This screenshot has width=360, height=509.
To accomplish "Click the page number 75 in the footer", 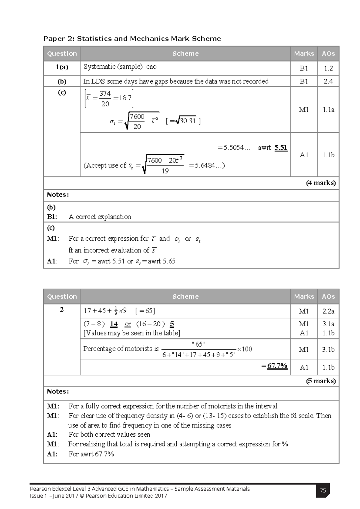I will click(x=323, y=491).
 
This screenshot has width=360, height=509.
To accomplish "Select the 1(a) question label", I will click(x=61, y=68).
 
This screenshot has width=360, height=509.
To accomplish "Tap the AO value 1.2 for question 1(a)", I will click(x=328, y=68).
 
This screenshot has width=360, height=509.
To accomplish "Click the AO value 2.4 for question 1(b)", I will click(x=328, y=81).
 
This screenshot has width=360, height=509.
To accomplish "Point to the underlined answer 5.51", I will click(x=281, y=148).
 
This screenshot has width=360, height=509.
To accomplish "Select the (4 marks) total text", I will click(x=321, y=183).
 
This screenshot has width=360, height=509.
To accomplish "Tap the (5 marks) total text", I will click(x=321, y=381).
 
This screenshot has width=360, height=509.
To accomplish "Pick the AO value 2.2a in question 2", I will click(x=328, y=312).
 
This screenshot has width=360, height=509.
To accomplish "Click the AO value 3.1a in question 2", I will click(x=328, y=324).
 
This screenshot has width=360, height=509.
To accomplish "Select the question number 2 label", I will click(x=61, y=310).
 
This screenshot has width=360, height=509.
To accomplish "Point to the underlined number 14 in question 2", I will click(x=114, y=324).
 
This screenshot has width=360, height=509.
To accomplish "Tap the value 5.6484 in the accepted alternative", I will click(x=205, y=165).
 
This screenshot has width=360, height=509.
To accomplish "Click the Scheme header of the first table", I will click(x=185, y=54).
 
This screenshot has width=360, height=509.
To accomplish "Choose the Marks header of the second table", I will click(x=304, y=297).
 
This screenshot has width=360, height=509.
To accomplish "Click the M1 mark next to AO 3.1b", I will click(x=304, y=350).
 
